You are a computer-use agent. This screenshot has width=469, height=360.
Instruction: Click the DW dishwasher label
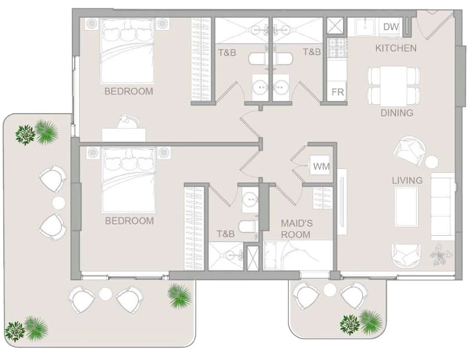[391, 27]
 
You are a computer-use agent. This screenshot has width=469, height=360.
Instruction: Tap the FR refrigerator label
[338, 92]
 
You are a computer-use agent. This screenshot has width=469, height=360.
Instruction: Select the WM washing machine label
[321, 166]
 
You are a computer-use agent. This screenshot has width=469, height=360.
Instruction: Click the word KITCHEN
[395, 48]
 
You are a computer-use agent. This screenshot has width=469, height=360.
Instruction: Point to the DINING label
[397, 113]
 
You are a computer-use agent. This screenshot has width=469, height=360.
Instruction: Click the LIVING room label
[407, 181]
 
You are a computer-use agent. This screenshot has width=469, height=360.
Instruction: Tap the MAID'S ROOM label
[296, 229]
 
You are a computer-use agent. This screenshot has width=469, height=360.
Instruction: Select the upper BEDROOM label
[129, 91]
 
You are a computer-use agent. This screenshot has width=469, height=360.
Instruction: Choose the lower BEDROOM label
[129, 221]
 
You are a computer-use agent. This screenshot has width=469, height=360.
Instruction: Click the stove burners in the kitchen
[338, 48]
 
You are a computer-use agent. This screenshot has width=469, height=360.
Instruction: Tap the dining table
[393, 86]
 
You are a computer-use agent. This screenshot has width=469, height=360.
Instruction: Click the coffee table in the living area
[406, 207]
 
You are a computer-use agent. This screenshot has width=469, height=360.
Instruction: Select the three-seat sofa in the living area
[443, 206]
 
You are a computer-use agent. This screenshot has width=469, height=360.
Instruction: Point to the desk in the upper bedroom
[124, 135]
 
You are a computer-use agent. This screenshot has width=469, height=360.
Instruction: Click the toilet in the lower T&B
[248, 227]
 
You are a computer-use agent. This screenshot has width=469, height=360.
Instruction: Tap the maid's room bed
[298, 255]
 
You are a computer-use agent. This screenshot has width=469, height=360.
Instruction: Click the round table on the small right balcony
[330, 290]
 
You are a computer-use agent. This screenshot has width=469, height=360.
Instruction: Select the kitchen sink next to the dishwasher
[365, 27]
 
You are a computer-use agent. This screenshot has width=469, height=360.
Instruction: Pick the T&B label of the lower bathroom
[226, 233]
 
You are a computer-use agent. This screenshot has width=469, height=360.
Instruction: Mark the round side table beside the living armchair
[432, 162]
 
